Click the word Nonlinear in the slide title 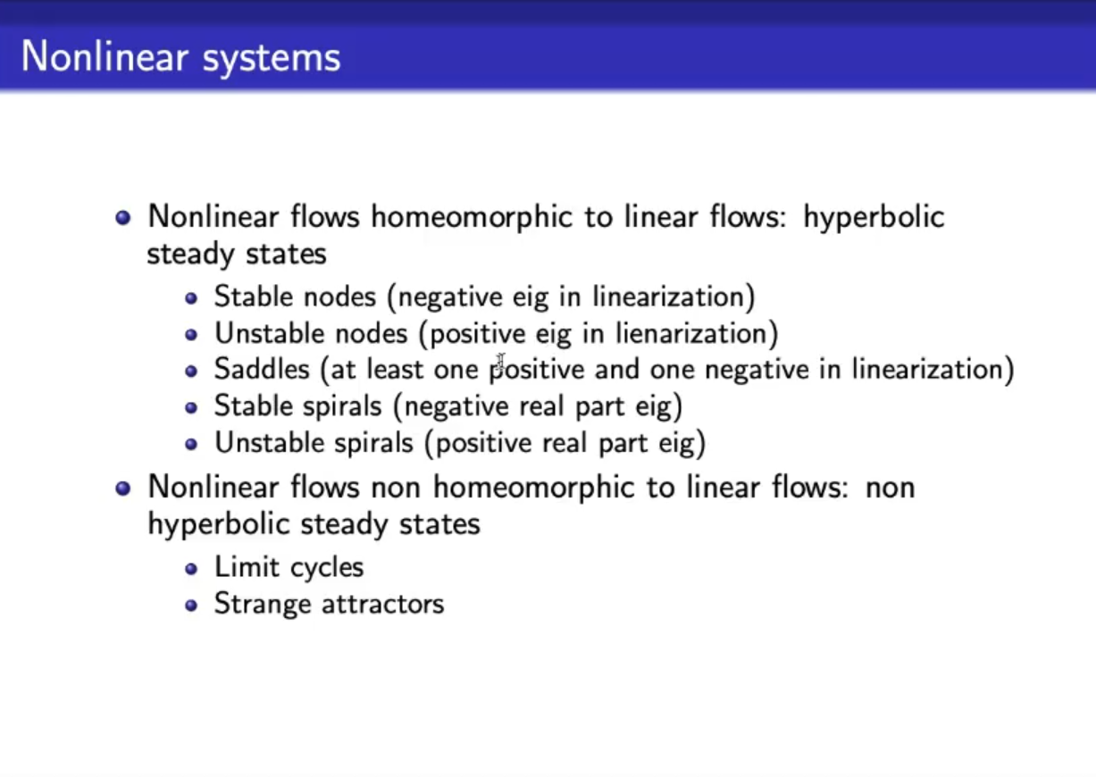pyautogui.click(x=105, y=56)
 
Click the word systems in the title pyautogui.click(x=271, y=60)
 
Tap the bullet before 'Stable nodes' pyautogui.click(x=191, y=298)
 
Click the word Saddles pyautogui.click(x=262, y=369)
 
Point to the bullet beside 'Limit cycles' pyautogui.click(x=191, y=569)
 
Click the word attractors pyautogui.click(x=383, y=604)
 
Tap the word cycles pyautogui.click(x=327, y=569)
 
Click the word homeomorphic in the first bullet pyautogui.click(x=472, y=218)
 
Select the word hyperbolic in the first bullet pyautogui.click(x=874, y=218)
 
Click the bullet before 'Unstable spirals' pyautogui.click(x=191, y=444)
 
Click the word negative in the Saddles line pyautogui.click(x=757, y=371)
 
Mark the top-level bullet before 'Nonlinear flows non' pyautogui.click(x=123, y=489)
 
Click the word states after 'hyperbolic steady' pyautogui.click(x=439, y=525)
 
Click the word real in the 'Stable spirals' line pyautogui.click(x=541, y=406)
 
